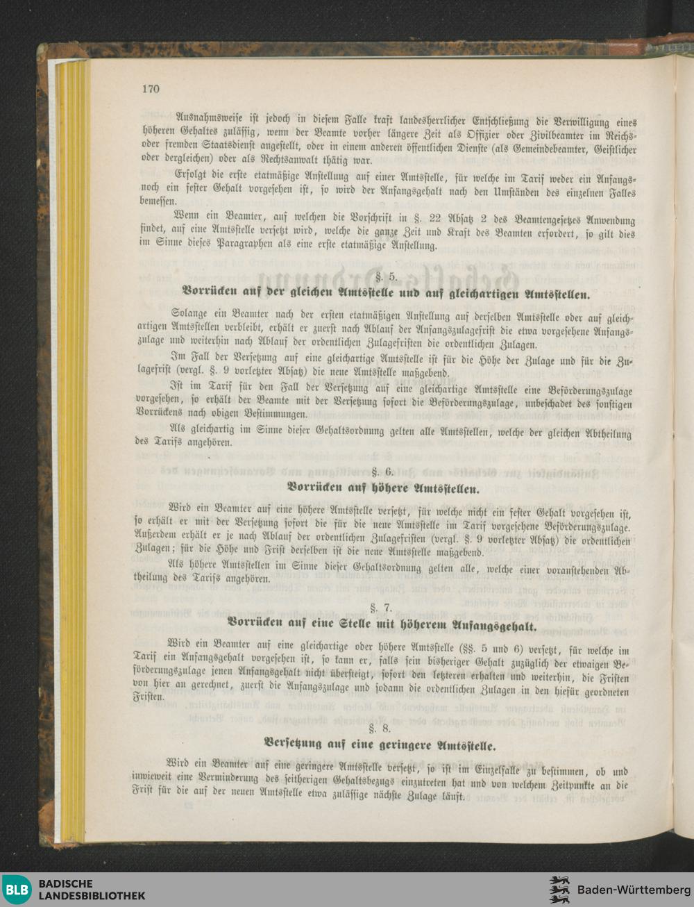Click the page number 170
150,89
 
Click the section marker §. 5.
386,276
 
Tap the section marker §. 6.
384,472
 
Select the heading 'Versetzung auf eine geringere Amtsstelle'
380,747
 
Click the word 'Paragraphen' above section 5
248,245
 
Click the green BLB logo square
17,890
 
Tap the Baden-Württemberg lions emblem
559,890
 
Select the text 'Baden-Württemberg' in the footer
633,890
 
